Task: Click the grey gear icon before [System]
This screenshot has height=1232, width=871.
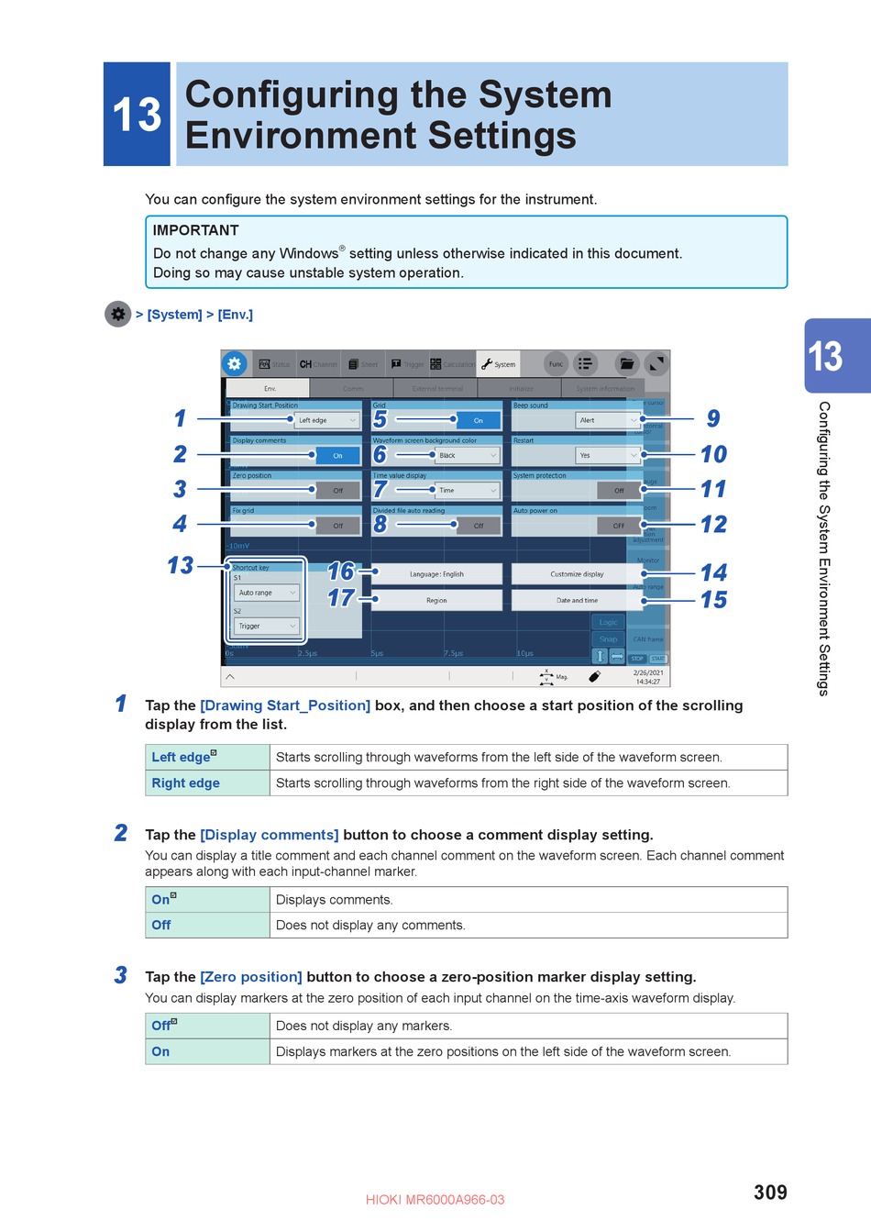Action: (x=118, y=314)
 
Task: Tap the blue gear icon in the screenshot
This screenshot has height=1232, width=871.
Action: (x=235, y=363)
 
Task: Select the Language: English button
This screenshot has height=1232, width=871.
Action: (x=436, y=574)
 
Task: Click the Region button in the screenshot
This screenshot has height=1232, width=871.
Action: (x=436, y=600)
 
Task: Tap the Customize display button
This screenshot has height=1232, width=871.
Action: (x=577, y=574)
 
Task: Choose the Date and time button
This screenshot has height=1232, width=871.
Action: (x=577, y=600)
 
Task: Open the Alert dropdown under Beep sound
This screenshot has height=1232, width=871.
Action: (x=607, y=420)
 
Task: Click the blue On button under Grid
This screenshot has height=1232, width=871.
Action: (x=478, y=420)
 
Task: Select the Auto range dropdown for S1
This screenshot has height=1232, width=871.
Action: (x=267, y=593)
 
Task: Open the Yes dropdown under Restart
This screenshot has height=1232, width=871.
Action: (x=607, y=455)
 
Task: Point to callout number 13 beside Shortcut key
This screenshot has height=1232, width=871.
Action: (x=181, y=565)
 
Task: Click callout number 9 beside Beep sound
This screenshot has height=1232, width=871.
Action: (x=713, y=419)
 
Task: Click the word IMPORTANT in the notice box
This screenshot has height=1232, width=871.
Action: (x=195, y=230)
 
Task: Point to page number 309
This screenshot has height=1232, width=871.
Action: (x=770, y=1192)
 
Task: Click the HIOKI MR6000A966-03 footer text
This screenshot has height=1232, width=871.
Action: (x=435, y=1199)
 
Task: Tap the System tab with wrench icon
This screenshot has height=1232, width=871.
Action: (x=499, y=364)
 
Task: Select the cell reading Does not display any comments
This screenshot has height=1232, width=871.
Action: (x=370, y=925)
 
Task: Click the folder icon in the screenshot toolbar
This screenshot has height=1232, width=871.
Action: (x=626, y=364)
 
